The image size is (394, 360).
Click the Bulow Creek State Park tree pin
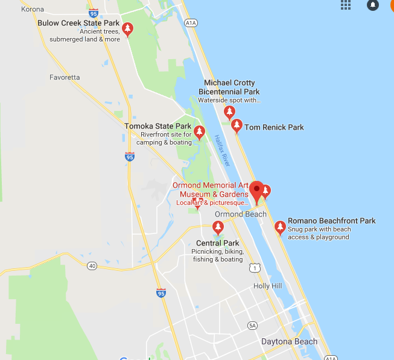tap(127, 29)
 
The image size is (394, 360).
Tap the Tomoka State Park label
tap(153, 126)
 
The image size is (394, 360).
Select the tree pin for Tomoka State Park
tap(199, 133)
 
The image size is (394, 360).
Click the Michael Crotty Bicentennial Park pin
tap(229, 112)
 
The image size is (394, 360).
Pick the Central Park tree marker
tap(218, 228)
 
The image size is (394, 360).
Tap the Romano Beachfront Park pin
tap(280, 227)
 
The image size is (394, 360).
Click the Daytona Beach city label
tap(289, 342)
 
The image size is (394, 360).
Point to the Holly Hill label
tap(268, 286)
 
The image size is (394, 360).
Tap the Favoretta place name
tap(65, 77)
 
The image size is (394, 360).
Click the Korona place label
tap(33, 10)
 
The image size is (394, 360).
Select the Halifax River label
tap(221, 151)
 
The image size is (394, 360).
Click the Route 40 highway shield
tap(92, 265)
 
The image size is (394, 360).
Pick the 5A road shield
tap(252, 326)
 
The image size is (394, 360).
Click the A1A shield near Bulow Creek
tap(191, 23)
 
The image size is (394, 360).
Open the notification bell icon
tap(373, 5)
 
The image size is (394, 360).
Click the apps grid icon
tap(346, 5)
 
